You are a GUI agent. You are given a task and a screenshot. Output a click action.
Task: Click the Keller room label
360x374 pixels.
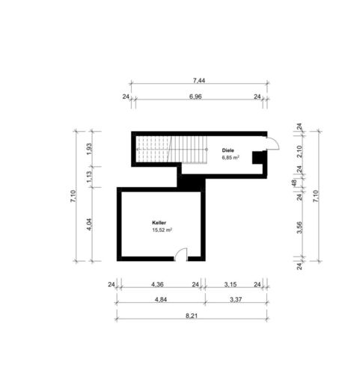click(159, 223)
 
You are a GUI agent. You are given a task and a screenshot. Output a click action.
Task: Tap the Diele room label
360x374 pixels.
click(228, 150)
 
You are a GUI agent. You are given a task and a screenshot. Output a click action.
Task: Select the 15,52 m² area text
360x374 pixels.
click(162, 230)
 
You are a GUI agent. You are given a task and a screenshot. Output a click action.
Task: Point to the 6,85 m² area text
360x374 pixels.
click(231, 157)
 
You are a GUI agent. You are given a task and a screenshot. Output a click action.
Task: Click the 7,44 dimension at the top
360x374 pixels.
click(199, 81)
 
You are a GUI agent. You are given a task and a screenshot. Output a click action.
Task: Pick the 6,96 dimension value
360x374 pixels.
click(195, 96)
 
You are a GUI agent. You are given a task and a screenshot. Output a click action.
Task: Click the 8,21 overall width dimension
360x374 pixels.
click(192, 316)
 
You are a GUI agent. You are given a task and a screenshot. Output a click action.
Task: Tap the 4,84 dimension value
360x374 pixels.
click(161, 299)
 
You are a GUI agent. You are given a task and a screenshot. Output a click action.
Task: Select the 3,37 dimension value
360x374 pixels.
click(236, 299)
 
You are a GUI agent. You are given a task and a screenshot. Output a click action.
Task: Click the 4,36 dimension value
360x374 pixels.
click(157, 284)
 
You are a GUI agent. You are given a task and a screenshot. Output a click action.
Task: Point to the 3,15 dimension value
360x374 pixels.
click(231, 284)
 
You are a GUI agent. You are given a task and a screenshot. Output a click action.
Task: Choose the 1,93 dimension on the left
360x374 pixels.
click(90, 149)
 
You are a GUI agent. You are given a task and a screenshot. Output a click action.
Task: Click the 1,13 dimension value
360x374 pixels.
click(90, 177)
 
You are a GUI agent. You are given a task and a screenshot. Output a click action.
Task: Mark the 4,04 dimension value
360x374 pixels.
click(90, 224)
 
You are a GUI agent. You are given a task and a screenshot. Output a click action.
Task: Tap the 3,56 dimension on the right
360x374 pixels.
click(299, 227)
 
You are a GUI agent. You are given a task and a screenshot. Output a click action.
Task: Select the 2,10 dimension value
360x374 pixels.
click(299, 151)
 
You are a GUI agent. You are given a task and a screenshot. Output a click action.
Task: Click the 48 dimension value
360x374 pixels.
click(294, 183)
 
